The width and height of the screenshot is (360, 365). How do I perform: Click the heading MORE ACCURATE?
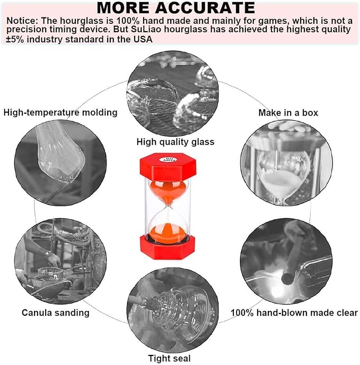(x=176, y=8)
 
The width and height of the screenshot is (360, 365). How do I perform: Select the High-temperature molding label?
(x=60, y=112)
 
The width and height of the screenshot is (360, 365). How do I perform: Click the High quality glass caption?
(x=175, y=141)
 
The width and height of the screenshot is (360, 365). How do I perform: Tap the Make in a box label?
(x=288, y=113)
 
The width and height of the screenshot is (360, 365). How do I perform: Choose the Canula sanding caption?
(x=56, y=313)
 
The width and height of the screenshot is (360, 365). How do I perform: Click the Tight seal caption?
(x=169, y=358)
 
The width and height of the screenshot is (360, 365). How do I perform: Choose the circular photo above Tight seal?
(x=175, y=310)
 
